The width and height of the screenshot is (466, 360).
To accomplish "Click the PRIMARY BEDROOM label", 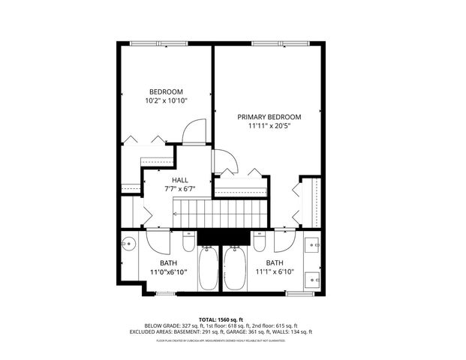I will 269,117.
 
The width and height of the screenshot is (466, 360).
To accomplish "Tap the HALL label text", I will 180,181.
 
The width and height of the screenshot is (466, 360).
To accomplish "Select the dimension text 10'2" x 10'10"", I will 166,100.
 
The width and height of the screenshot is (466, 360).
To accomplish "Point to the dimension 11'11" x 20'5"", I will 269,127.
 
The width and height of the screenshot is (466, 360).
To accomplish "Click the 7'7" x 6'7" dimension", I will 180,190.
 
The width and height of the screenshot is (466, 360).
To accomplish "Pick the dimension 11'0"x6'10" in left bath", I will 168,272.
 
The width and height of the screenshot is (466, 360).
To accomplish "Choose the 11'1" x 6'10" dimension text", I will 274,272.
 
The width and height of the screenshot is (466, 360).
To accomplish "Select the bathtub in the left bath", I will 208,269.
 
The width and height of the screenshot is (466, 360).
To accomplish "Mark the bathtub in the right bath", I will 233,269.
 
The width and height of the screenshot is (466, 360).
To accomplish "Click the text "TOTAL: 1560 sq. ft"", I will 233,319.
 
